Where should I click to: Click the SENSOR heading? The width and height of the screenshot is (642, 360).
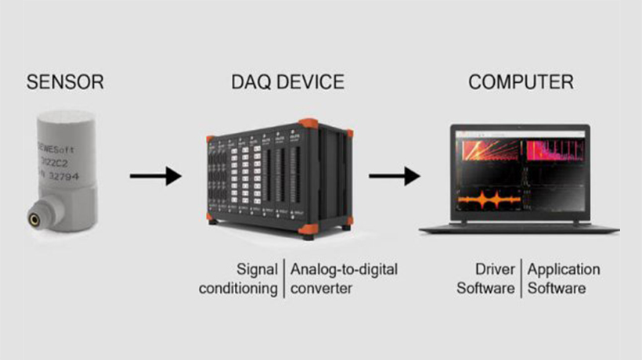(x=65, y=81)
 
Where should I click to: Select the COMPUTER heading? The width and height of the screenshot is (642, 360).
(x=521, y=81)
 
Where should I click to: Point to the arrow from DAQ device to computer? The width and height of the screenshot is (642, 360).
(x=394, y=176)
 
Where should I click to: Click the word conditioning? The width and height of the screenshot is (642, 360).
(x=238, y=288)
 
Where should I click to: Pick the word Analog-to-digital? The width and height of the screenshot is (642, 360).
(x=344, y=270)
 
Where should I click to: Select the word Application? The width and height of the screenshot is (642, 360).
(x=564, y=270)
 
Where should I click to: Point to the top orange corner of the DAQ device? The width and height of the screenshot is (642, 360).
(x=308, y=124)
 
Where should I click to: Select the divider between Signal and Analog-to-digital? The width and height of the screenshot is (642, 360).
(x=284, y=279)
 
